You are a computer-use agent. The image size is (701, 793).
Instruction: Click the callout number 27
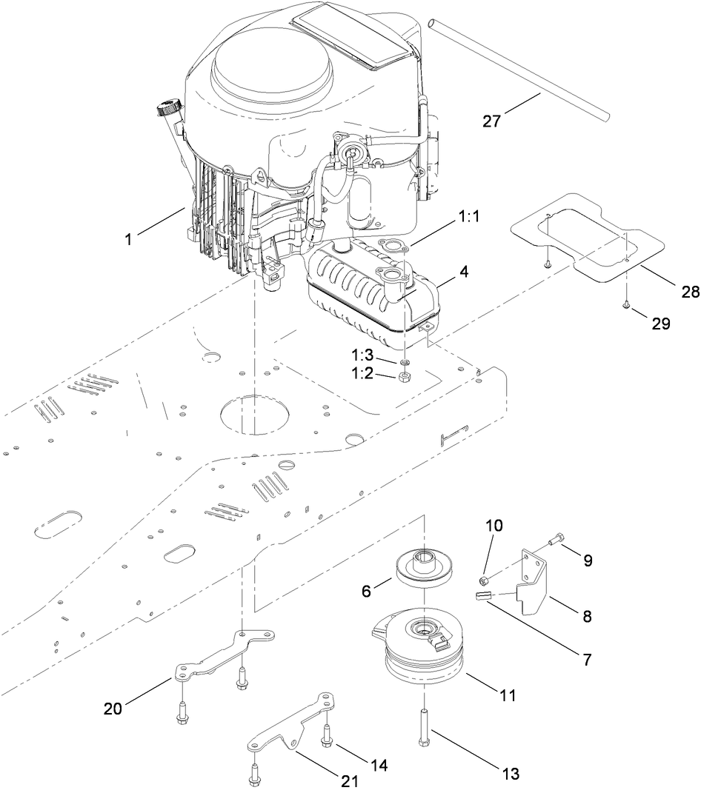(x=491, y=121)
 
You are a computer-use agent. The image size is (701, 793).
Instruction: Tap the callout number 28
(x=690, y=292)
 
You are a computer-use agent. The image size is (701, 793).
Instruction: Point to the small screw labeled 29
(x=626, y=304)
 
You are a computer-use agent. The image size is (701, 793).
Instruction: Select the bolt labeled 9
(x=558, y=546)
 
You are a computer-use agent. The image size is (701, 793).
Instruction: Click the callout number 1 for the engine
(x=130, y=240)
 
